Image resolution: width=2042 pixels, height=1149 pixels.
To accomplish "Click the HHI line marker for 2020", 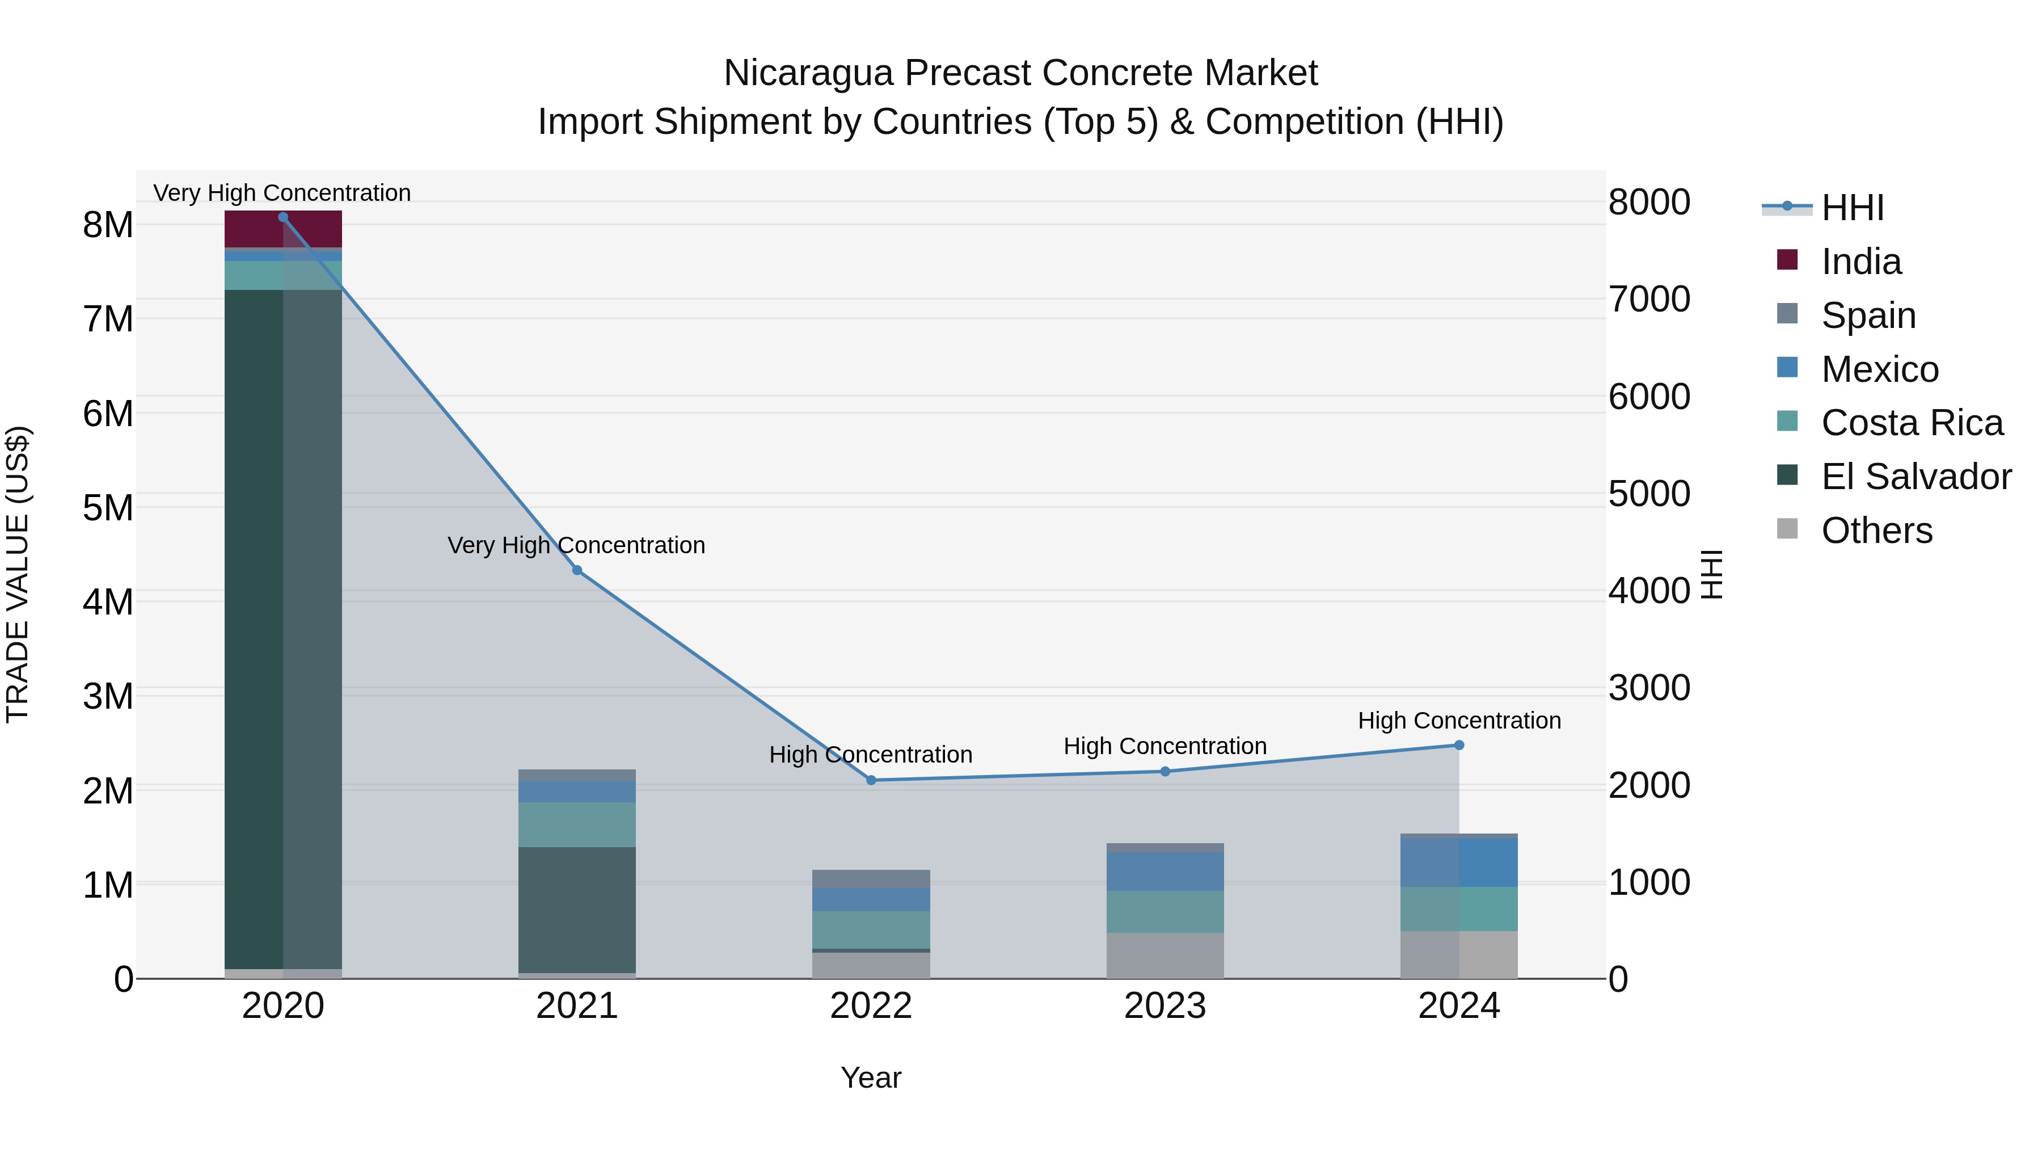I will point(283,217).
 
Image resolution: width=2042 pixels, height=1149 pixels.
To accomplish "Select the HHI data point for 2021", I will point(577,570).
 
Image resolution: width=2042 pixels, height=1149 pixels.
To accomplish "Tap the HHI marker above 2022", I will point(871,780).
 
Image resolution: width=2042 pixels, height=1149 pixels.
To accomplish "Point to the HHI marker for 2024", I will point(1459,746).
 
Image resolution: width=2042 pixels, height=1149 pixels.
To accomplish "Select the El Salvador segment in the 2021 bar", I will point(577,910).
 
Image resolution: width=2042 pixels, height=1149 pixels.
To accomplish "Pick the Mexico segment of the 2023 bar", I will point(1165,872).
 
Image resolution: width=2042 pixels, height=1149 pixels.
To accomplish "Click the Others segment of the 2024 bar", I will point(1459,955).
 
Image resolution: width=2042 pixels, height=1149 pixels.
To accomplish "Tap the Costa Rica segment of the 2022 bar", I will point(871,930).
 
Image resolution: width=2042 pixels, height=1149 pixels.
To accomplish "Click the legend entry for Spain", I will point(1868,315).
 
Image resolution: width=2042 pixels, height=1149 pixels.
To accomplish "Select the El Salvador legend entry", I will point(1916,477).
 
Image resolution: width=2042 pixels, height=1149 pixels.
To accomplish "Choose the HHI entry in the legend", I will point(1852,208).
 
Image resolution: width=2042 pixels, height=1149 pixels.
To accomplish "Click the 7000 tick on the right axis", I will point(1649,300).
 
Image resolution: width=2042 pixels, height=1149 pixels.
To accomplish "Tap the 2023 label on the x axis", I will point(1165,1006).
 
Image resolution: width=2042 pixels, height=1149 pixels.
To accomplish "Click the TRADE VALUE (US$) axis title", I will point(18,574).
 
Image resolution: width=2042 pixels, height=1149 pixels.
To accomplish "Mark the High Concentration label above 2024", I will point(1459,721).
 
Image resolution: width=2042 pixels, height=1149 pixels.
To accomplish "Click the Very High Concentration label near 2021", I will point(576,545).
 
